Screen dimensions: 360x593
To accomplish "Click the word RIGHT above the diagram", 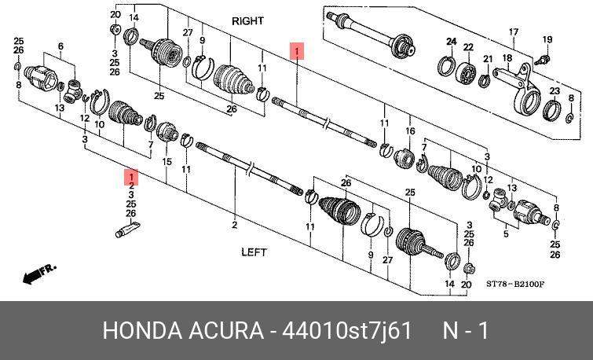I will tap(247, 22).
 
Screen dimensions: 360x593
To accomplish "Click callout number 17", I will tap(514, 32).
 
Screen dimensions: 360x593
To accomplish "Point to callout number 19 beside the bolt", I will tap(547, 39).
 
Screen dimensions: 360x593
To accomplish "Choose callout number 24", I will tap(452, 41).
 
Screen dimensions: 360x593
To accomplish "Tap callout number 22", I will tap(468, 47).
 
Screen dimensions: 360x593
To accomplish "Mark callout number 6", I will tap(60, 47).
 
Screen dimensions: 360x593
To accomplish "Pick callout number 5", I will tap(504, 233).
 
